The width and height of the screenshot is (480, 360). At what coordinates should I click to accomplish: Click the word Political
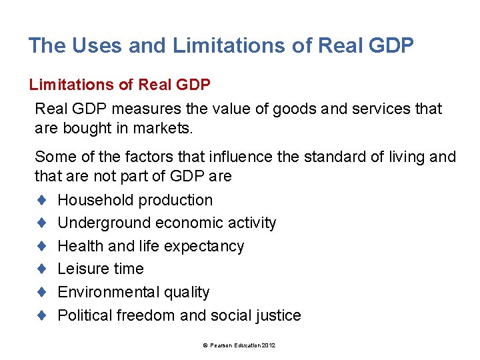(x=85, y=315)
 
